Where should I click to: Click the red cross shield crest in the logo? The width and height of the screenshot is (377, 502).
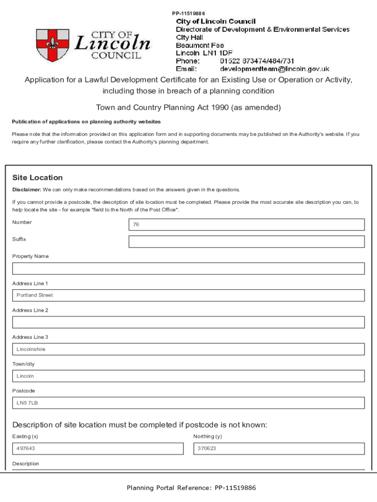pos(52,46)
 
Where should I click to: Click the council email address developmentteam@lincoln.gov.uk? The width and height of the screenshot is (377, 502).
pos(275,69)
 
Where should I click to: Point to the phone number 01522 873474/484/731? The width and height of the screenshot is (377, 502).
pos(257,61)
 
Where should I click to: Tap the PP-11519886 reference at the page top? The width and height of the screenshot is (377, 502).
pos(188,13)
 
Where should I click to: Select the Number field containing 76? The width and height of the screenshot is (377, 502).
pos(246,225)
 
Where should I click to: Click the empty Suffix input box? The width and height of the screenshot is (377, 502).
pos(246,242)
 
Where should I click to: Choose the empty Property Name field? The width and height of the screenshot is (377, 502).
pos(188,269)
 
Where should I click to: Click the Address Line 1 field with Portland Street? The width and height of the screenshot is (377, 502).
pos(188,295)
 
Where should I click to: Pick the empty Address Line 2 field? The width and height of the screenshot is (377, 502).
pos(188,322)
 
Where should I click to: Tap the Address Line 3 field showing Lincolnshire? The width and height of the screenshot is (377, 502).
pos(188,349)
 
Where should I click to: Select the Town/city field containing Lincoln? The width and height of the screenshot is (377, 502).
pos(188,376)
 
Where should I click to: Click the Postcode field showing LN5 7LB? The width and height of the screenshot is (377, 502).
pos(188,403)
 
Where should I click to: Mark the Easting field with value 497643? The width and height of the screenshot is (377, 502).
pos(98,449)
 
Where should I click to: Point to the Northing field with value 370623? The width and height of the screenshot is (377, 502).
pos(279,449)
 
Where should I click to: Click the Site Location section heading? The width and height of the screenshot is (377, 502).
pos(37,177)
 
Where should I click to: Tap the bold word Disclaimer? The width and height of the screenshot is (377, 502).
pos(26,190)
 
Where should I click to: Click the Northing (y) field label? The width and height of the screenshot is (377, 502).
pos(208,436)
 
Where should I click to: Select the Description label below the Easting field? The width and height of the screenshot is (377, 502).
pos(25,464)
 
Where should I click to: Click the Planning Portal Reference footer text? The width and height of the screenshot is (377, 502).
pos(191,488)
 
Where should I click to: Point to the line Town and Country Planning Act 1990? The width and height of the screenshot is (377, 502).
pos(188,107)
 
